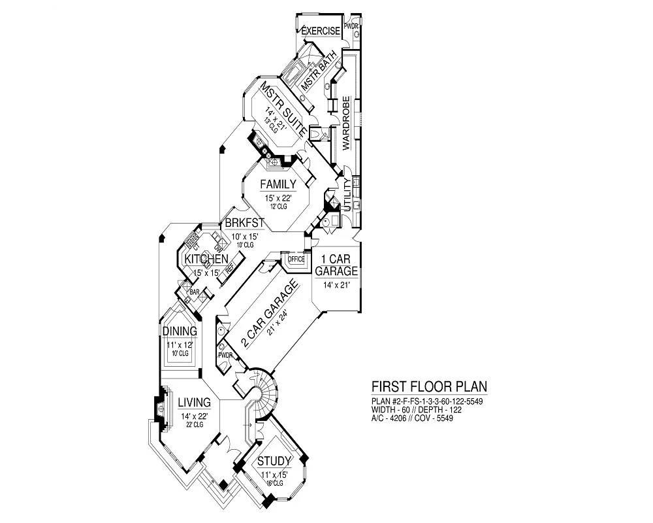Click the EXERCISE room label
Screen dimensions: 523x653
(x=321, y=31)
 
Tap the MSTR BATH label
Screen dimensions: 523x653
(x=319, y=71)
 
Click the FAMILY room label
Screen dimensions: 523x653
(x=278, y=184)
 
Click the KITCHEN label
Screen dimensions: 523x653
(x=206, y=260)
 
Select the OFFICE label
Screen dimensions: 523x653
(x=296, y=259)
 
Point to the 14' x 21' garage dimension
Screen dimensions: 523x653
(x=336, y=285)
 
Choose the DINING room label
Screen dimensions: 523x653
(x=180, y=331)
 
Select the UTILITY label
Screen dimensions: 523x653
(x=348, y=194)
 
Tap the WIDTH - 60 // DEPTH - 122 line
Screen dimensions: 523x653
(x=413, y=409)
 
